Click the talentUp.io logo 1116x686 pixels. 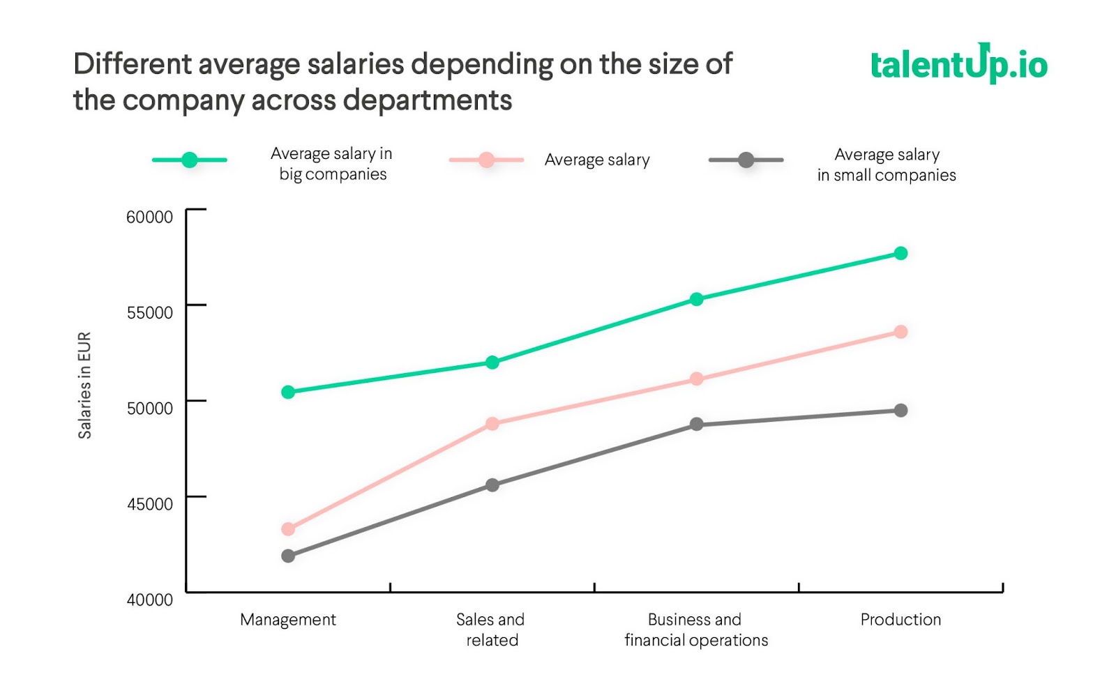959,64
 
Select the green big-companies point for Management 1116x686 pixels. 288,392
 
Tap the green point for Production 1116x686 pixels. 900,253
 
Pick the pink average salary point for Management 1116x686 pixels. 288,529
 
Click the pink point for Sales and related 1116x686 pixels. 492,424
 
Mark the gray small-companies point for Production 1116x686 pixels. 900,411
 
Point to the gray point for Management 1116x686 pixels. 288,556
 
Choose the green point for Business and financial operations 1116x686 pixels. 696,299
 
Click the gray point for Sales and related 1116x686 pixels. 492,485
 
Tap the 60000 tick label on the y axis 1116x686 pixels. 149,217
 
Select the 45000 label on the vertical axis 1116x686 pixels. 149,504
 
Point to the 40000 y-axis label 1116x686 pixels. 149,600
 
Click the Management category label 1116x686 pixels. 288,620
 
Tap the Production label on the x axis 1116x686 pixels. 900,620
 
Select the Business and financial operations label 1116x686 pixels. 696,630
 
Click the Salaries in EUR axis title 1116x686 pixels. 84,385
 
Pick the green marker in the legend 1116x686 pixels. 190,160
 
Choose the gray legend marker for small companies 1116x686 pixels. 746,160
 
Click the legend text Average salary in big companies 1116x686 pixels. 332,164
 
